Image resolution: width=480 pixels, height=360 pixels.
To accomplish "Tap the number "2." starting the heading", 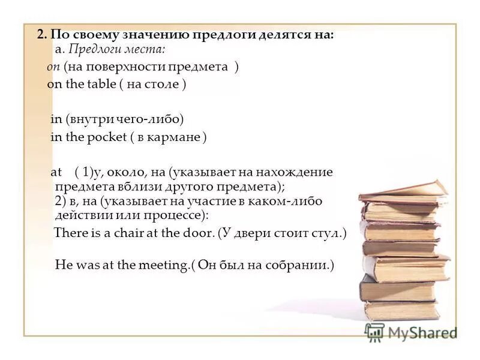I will (42, 35).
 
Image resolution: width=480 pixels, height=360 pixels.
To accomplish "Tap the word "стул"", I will (326, 233).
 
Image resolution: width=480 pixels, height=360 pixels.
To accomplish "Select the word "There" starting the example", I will (70, 233).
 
